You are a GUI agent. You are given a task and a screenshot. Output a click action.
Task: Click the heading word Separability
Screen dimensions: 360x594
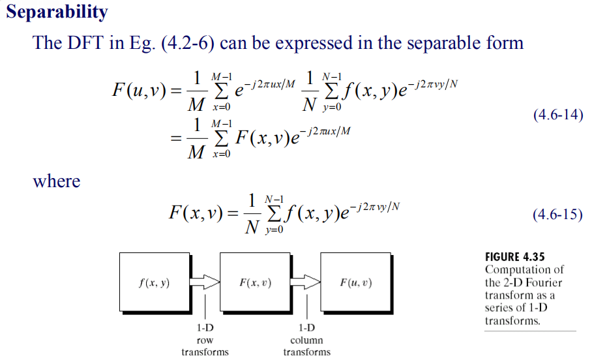point(57,12)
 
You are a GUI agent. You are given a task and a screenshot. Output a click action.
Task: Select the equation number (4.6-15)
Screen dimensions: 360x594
point(557,215)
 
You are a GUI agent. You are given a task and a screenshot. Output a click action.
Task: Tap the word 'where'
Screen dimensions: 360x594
point(57,181)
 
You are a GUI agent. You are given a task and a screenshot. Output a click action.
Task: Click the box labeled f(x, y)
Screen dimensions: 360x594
point(154,283)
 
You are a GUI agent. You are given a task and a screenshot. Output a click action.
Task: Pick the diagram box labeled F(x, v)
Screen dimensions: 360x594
point(255,283)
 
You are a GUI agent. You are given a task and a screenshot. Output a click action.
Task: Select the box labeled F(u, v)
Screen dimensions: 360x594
point(356,283)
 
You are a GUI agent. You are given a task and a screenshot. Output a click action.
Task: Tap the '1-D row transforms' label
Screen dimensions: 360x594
point(205,340)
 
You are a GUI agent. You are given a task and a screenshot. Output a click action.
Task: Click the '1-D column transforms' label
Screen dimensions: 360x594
point(306,340)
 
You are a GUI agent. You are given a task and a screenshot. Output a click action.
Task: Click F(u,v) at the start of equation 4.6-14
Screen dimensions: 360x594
point(140,90)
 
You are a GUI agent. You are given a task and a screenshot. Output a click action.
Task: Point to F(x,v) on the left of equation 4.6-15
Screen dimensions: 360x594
point(194,213)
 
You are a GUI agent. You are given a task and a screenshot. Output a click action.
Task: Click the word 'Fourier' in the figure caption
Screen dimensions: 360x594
point(544,282)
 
